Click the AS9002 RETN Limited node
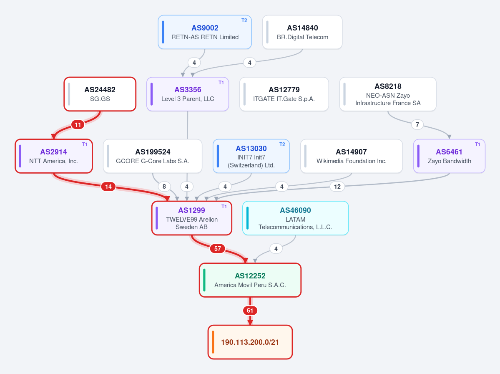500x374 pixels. (205, 32)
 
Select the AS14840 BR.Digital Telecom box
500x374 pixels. (302, 32)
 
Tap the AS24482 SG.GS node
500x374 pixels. (100, 94)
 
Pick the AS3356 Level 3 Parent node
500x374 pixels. (188, 94)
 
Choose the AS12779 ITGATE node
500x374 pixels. (284, 94)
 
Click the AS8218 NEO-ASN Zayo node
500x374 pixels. (388, 94)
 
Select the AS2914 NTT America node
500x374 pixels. (53, 156)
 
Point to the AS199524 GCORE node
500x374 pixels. (153, 156)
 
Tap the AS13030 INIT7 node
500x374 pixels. (251, 156)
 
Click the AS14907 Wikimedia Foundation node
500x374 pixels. (352, 156)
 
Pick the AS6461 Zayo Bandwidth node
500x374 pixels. (449, 156)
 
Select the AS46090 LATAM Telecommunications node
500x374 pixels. (296, 218)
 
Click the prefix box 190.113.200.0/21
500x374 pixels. (250, 342)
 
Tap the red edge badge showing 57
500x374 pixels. (218, 249)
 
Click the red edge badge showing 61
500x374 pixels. (250, 311)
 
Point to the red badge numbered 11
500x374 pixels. (78, 125)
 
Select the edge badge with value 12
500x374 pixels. (337, 187)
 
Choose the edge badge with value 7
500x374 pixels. (417, 125)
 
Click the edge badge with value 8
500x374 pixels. (164, 187)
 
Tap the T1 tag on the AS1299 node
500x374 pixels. (224, 207)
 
